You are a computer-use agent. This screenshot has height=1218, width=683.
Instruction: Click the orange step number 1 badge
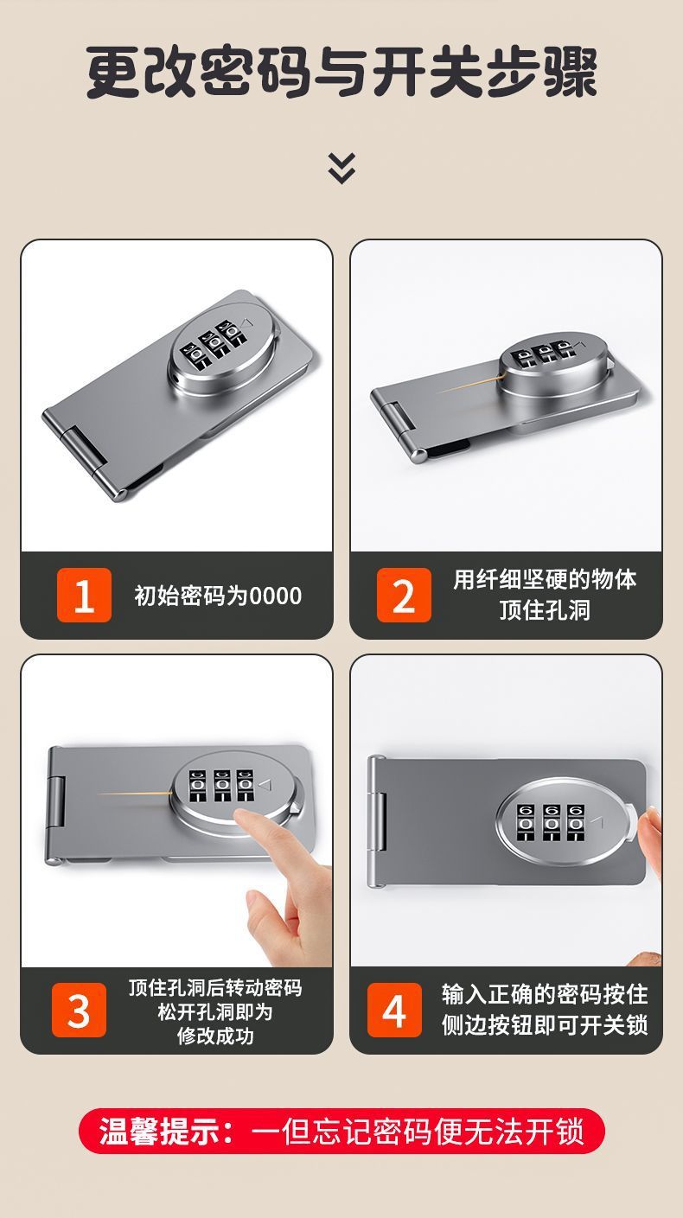[x=84, y=595]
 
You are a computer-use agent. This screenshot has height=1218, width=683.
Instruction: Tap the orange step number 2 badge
[x=404, y=595]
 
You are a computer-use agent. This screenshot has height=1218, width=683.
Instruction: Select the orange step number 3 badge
[x=79, y=1010]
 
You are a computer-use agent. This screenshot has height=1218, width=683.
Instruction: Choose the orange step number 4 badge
[x=394, y=1010]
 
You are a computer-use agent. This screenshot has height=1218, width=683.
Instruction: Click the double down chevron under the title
[x=342, y=168]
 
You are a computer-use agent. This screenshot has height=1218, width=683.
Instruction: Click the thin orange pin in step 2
[x=471, y=384]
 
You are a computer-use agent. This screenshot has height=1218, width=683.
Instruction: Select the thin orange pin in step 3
[x=134, y=793]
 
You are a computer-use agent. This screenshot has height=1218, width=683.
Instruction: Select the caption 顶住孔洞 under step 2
[x=545, y=610]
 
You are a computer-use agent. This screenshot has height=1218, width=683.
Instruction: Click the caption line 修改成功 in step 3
[x=215, y=1036]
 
